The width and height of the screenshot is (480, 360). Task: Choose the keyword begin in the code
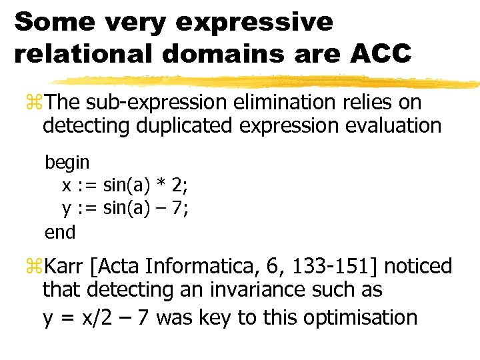pos(67,162)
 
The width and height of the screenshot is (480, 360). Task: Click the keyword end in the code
pos(60,232)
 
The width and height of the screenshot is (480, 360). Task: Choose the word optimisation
pos(360,317)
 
